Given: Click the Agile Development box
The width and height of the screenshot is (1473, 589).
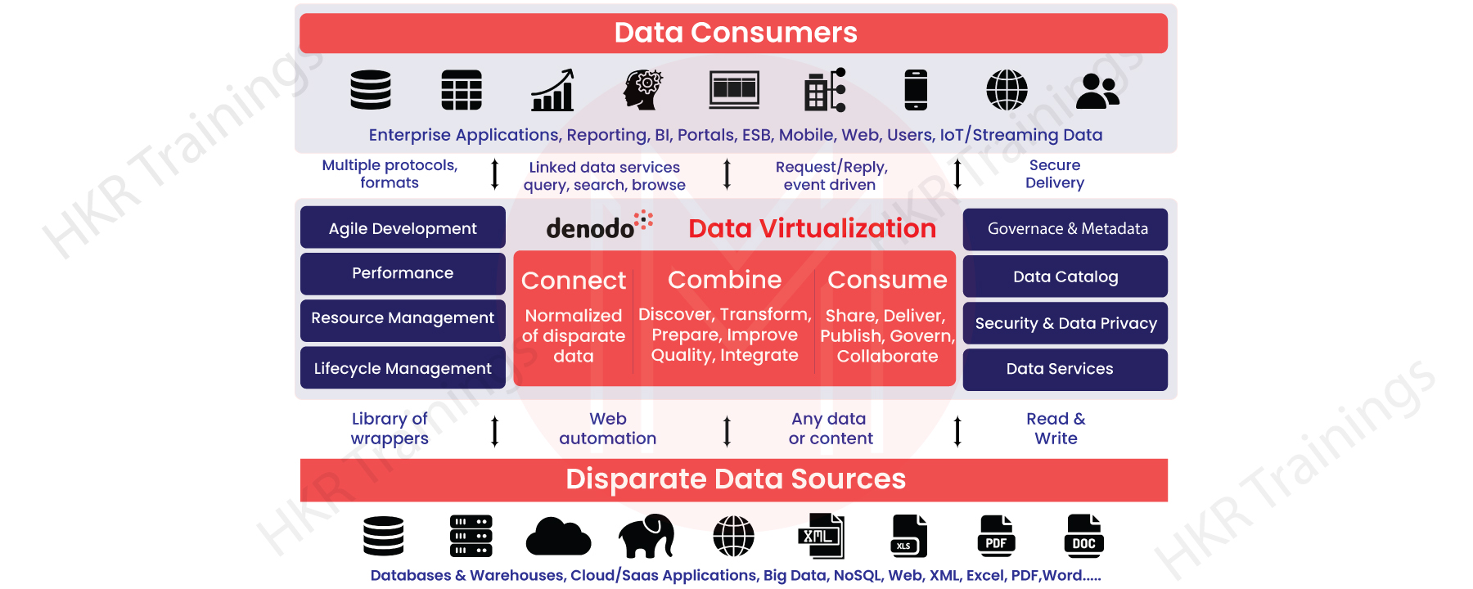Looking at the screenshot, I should (403, 228).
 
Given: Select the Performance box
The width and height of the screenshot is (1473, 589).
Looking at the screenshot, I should (403, 273).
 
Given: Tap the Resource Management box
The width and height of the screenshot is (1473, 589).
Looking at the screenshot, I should (403, 319).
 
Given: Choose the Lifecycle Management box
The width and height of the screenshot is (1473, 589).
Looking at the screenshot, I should (403, 369).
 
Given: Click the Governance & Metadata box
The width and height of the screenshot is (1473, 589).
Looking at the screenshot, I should (1065, 229).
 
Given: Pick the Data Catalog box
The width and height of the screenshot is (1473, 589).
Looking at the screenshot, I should (1065, 277).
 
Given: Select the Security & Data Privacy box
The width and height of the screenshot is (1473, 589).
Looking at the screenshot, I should (1065, 323).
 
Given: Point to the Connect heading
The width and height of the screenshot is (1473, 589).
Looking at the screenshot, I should (574, 281).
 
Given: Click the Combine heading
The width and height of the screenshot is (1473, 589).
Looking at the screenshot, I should (724, 280).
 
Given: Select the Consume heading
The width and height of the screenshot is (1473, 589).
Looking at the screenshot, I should (887, 280).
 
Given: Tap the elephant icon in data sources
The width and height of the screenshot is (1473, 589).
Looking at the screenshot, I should (646, 536).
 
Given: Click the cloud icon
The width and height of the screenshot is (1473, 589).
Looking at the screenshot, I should (558, 537).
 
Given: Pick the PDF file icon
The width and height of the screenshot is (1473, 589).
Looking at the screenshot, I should (996, 536).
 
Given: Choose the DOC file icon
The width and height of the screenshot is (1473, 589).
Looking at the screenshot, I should (1083, 536).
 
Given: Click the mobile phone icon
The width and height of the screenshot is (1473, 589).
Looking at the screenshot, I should (916, 90).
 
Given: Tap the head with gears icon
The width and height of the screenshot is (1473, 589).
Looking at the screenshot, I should (643, 90).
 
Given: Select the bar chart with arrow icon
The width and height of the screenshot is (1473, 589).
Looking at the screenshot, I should (553, 90).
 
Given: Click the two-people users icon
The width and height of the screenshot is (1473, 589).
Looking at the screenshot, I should (1097, 91).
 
